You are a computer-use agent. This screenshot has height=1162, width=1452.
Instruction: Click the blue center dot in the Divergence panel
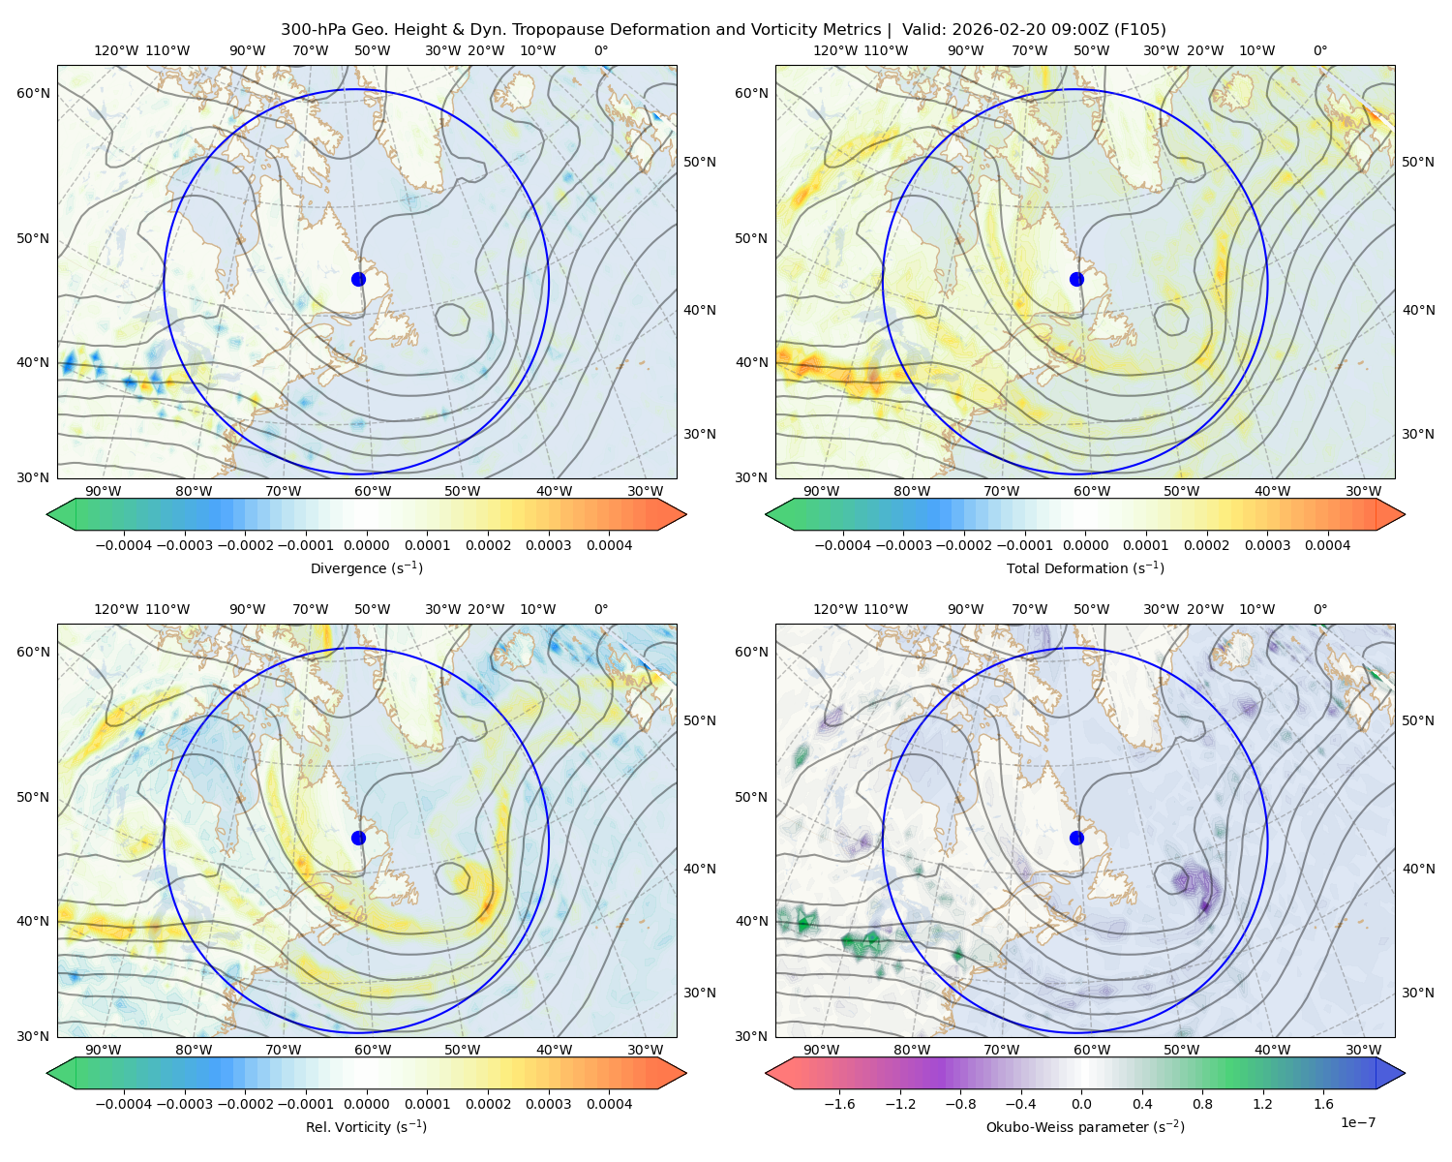358,279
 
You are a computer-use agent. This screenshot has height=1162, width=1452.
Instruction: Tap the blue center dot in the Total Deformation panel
1076,279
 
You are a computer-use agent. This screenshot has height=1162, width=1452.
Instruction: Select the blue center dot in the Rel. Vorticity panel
358,838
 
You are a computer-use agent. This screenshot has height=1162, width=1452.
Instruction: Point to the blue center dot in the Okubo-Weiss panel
1076,838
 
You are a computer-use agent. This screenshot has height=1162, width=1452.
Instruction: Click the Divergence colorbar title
366,567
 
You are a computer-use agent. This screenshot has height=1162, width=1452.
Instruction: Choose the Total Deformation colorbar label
1085,567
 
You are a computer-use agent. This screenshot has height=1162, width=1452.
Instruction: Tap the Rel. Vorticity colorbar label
366,1126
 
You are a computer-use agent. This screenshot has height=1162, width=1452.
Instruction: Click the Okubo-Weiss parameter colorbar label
1085,1126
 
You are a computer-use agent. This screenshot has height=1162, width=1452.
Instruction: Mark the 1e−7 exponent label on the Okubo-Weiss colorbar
1357,1122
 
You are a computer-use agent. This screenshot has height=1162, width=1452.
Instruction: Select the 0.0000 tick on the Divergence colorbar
366,545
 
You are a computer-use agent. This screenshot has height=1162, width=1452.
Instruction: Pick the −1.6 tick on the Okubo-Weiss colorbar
839,1103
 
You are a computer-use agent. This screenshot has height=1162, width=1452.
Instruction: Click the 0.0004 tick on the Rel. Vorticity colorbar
609,1103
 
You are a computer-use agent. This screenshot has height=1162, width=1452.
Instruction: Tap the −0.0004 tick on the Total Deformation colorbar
842,545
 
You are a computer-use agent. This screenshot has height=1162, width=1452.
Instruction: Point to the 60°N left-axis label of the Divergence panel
33,93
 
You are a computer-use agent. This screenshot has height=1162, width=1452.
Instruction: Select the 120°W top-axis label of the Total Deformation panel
835,50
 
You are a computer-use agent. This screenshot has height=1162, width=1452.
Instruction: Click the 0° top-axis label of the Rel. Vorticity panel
601,609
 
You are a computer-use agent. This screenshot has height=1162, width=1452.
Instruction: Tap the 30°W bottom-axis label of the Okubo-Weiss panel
1364,1050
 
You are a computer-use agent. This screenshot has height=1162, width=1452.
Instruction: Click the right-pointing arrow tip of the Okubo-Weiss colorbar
1405,1072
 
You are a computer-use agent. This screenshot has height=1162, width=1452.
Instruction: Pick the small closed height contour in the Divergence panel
452,319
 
